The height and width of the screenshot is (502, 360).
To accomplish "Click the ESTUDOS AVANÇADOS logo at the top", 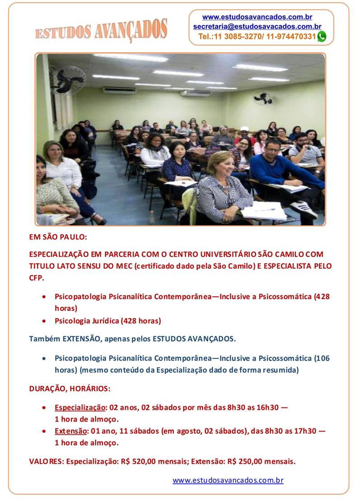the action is (101, 30).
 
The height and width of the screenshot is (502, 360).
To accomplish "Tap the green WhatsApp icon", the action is (322, 37).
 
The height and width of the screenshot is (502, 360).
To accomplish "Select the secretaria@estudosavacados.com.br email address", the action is (257, 27).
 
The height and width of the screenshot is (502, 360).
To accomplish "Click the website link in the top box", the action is (257, 17).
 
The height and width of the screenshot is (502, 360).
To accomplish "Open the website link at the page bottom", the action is (228, 480).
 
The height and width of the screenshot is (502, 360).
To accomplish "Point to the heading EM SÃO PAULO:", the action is (58, 236).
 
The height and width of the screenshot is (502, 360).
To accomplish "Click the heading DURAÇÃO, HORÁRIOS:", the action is (70, 389).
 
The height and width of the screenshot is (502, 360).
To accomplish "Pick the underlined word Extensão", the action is (70, 431).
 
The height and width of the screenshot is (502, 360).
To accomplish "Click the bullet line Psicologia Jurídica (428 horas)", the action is (108, 321).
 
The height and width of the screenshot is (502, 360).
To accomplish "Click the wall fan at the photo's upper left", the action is (69, 80).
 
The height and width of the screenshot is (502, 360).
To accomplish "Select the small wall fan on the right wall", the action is (263, 98).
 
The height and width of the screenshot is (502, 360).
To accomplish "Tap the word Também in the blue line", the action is (44, 338).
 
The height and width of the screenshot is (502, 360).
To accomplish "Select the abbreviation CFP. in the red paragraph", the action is (37, 278).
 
